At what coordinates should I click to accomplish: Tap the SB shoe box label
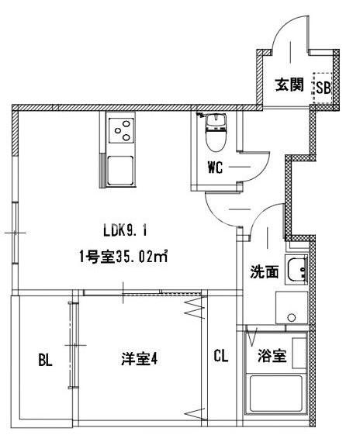[x=322, y=87]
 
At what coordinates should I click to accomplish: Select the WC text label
[x=216, y=167]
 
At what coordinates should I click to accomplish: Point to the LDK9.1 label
[x=124, y=230]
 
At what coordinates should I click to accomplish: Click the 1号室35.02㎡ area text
[x=124, y=256]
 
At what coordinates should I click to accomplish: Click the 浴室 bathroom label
[x=271, y=357]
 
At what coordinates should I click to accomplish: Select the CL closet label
[x=221, y=357]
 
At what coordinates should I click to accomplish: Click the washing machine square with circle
[x=291, y=309]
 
